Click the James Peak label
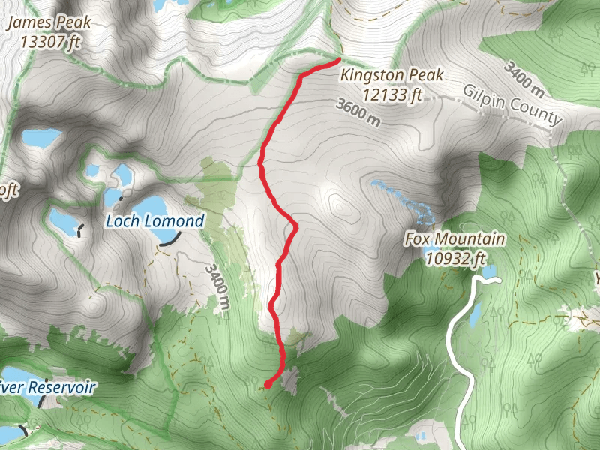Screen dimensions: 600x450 point(49,22)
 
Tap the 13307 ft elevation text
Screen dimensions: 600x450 point(49,42)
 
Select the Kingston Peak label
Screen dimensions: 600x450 point(392,75)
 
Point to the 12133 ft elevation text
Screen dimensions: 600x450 point(392,94)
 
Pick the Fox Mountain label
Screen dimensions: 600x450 point(454,240)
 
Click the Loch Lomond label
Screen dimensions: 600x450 point(154,221)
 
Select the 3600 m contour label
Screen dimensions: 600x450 point(359,113)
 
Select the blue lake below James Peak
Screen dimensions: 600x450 point(40,138)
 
